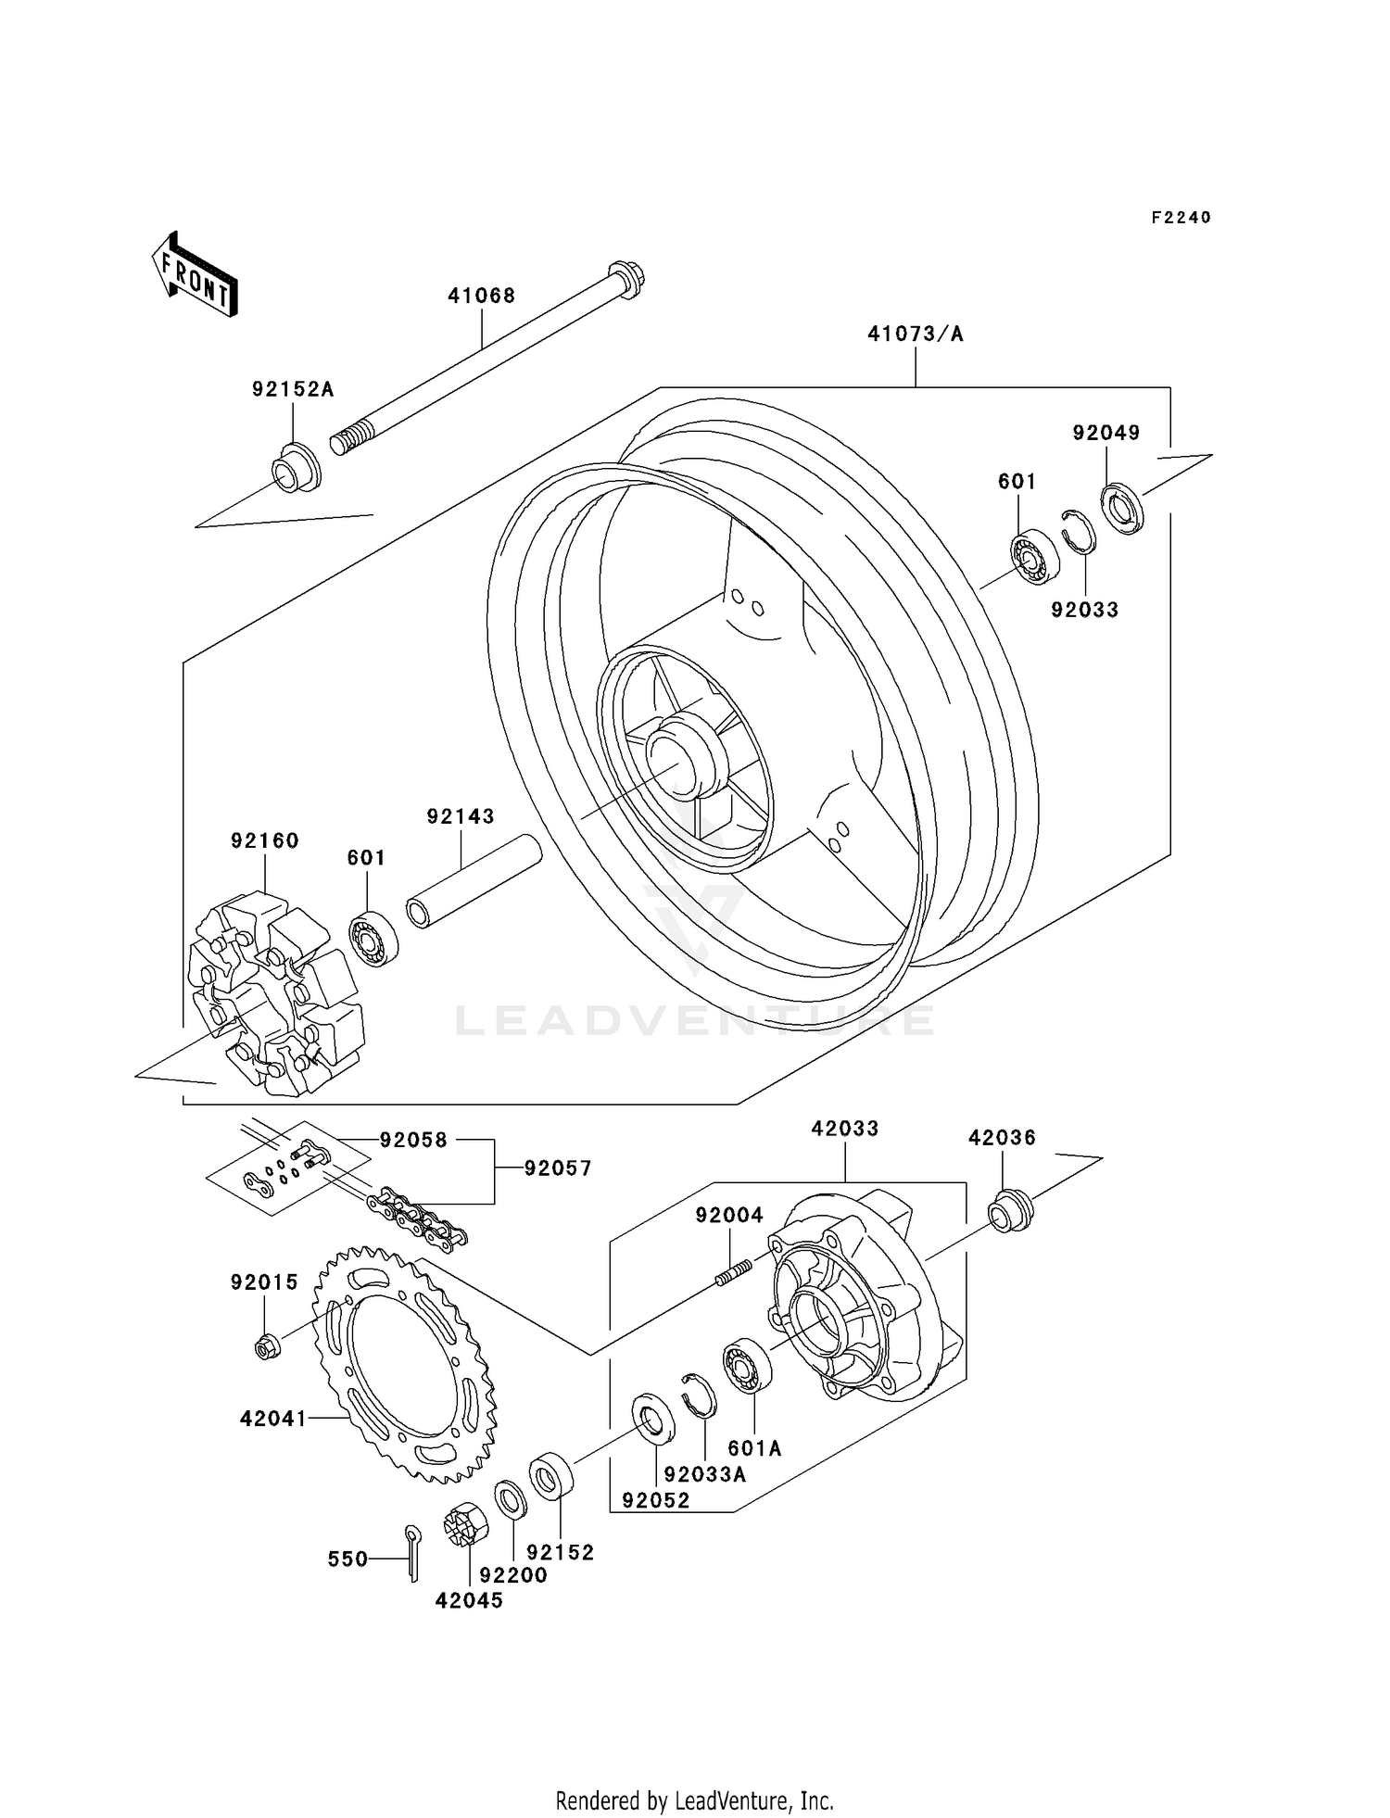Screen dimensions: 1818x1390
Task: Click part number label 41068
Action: coord(481,297)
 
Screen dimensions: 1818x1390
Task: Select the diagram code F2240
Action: coord(1181,218)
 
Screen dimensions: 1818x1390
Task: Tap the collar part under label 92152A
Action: coord(296,469)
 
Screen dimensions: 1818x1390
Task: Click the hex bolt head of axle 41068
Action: coord(626,277)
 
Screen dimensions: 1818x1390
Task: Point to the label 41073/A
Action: coord(915,335)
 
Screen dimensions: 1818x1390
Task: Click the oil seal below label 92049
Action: coord(1122,508)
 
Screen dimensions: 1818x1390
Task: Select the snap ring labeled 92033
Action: coord(1078,531)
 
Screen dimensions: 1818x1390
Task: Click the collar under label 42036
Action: coord(1008,1211)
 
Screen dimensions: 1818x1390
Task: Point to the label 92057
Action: coord(557,1169)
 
